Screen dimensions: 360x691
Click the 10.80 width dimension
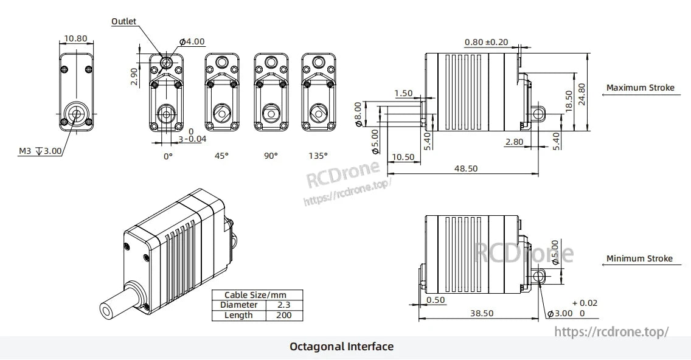pyautogui.click(x=75, y=38)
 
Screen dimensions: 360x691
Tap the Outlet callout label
pyautogui.click(x=124, y=21)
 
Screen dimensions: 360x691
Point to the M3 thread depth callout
pyautogui.click(x=40, y=151)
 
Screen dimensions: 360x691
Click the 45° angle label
pyautogui.click(x=222, y=156)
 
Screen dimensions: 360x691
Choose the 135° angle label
pyautogui.click(x=318, y=156)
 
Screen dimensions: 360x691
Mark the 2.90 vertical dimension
pyautogui.click(x=134, y=77)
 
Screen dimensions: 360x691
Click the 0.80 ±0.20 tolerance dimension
pyautogui.click(x=486, y=43)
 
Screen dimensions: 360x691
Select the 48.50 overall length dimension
pyautogui.click(x=465, y=168)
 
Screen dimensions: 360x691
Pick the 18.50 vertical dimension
pyautogui.click(x=569, y=101)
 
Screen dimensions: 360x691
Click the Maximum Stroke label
pyautogui.click(x=640, y=88)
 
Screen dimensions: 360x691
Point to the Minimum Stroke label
pyautogui.click(x=639, y=258)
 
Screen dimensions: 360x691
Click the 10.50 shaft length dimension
pyautogui.click(x=403, y=157)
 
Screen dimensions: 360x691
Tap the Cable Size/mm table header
pyautogui.click(x=255, y=295)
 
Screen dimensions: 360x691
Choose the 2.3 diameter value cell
pyautogui.click(x=283, y=305)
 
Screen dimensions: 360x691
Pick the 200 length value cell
pyautogui.click(x=283, y=315)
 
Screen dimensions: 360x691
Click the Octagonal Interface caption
pyautogui.click(x=341, y=347)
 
